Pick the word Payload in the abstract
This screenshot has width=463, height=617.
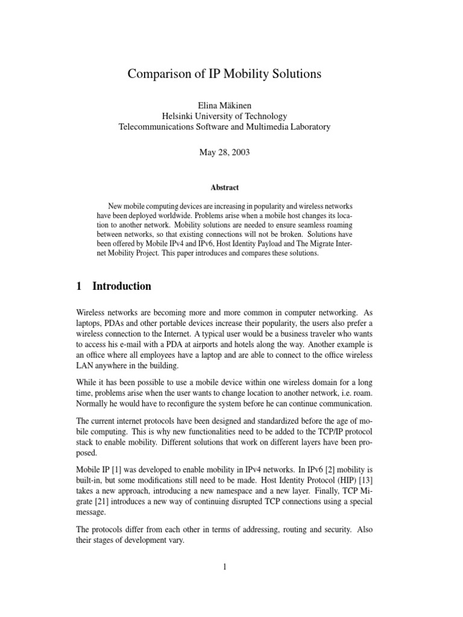285,244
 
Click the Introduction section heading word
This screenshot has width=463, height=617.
121,286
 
